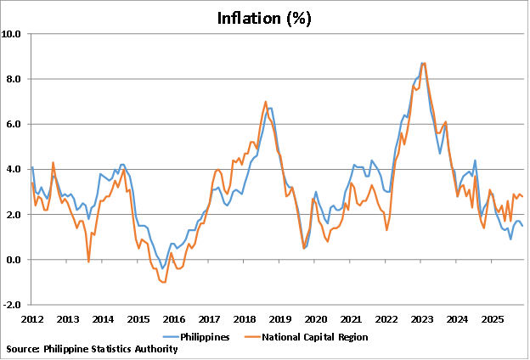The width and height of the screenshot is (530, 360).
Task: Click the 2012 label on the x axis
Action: point(32,319)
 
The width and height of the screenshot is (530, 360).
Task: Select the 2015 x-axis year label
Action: point(138,319)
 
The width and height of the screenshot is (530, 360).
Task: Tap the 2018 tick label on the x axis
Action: point(245,319)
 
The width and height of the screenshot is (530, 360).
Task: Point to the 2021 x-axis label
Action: point(351,319)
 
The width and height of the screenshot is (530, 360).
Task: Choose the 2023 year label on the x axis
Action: point(422,319)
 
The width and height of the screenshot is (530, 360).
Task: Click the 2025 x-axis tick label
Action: point(493,319)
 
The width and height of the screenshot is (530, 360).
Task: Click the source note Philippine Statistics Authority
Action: point(92,349)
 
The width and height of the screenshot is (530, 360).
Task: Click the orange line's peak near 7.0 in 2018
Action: point(266,102)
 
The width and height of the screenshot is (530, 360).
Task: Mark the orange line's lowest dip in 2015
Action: point(162,282)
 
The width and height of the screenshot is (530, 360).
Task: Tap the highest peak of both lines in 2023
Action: point(423,63)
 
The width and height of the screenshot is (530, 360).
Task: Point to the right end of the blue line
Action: point(522,226)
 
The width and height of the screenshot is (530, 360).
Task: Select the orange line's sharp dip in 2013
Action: point(89,262)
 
